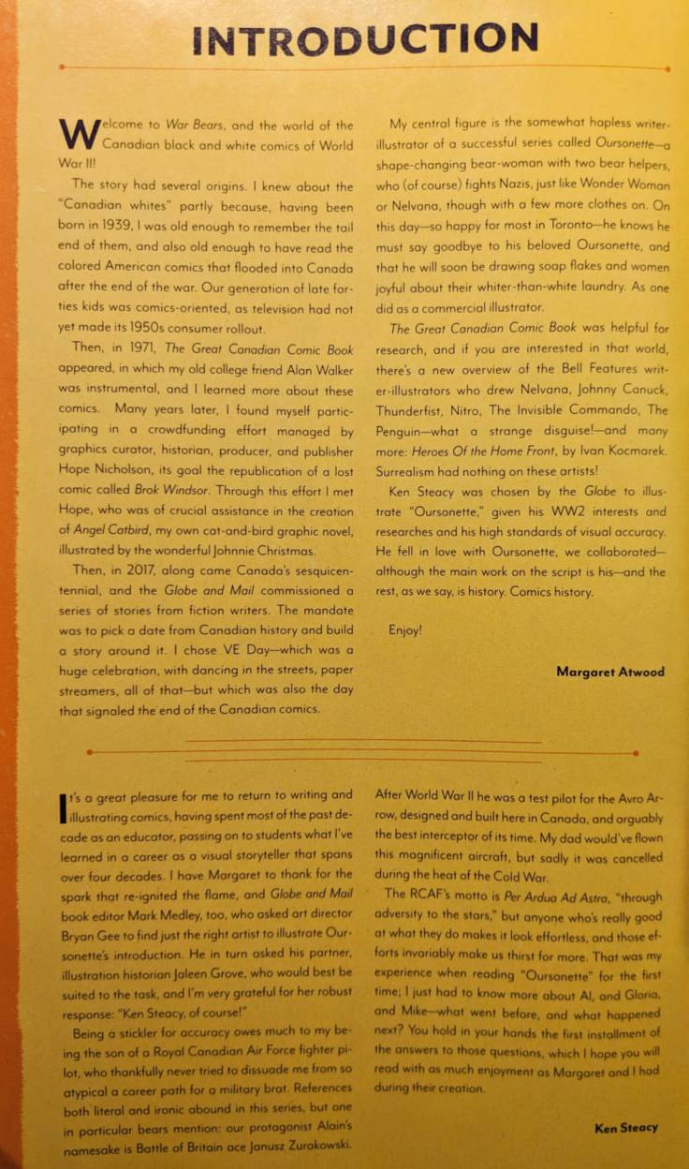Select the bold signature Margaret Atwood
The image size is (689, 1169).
pos(609,671)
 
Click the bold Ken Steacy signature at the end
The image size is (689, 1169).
pos(625,1128)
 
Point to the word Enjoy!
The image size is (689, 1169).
pos(405,630)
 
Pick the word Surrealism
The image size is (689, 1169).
pos(423,471)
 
